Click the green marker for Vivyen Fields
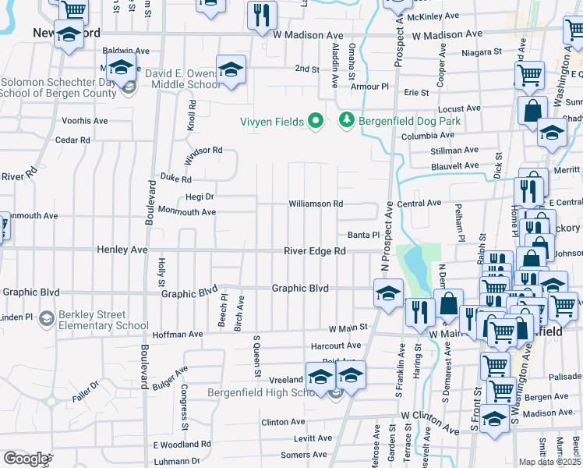click(x=315, y=121)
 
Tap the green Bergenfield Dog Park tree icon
click(x=346, y=121)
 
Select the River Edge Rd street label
click(x=314, y=250)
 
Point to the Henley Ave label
click(x=122, y=250)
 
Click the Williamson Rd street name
click(x=316, y=204)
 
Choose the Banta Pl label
click(x=363, y=235)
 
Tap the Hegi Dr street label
click(x=200, y=197)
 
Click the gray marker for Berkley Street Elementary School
click(x=47, y=318)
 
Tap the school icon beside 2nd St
click(x=231, y=70)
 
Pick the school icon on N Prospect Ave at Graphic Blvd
click(x=388, y=293)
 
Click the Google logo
click(x=26, y=458)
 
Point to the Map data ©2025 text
click(x=550, y=462)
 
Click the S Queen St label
click(x=256, y=356)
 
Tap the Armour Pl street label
click(x=369, y=86)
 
